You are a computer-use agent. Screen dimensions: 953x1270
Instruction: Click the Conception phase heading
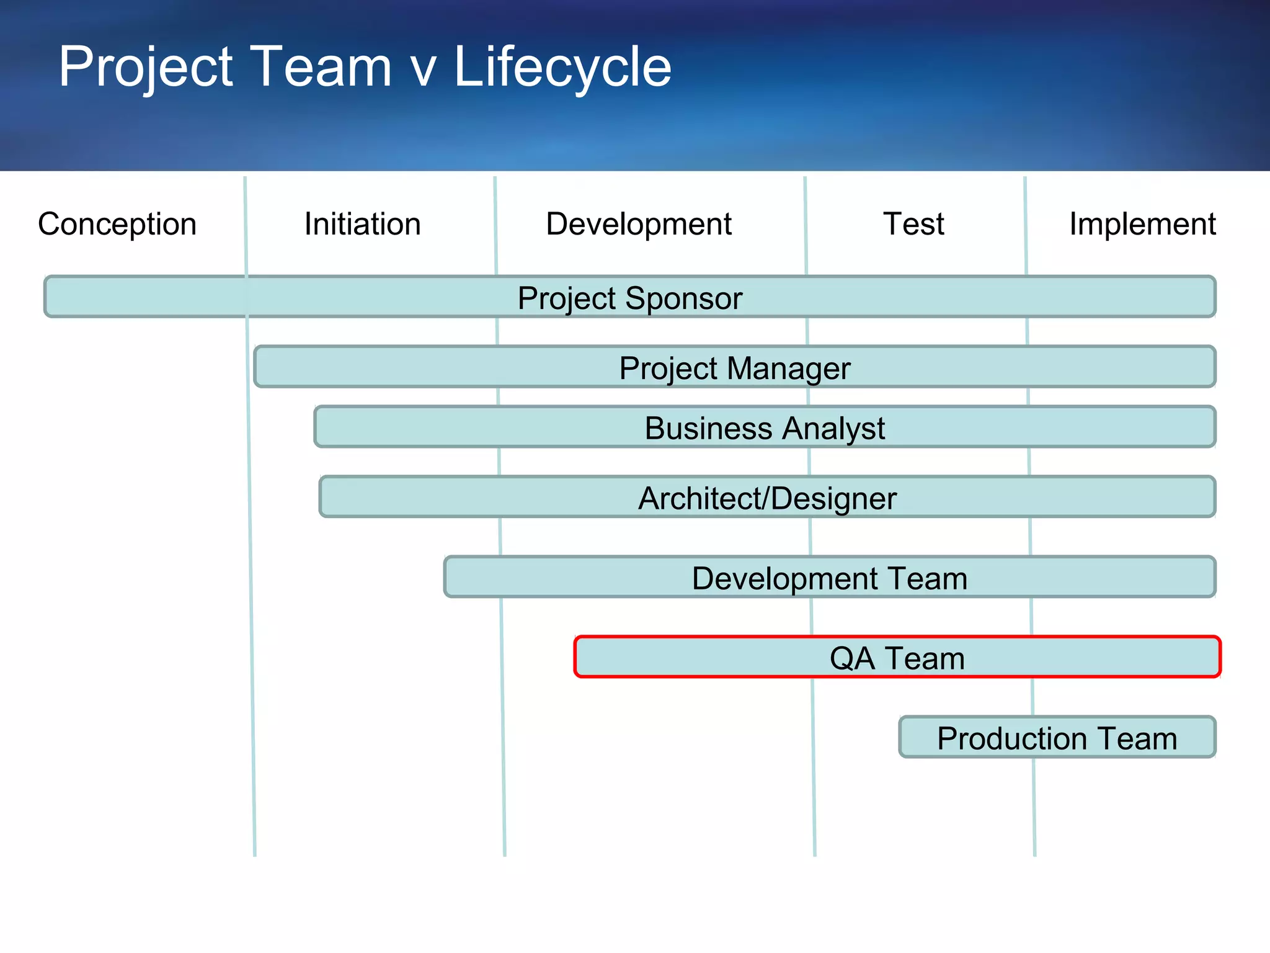point(117,224)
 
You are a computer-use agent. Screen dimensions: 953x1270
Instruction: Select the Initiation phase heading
point(362,224)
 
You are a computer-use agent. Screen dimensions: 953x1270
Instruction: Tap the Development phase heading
point(638,224)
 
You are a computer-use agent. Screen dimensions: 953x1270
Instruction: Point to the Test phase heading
point(913,224)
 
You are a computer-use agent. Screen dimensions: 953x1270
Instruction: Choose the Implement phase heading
point(1142,224)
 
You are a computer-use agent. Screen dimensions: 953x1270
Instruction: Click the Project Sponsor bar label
point(629,298)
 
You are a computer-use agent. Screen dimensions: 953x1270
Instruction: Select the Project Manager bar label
point(734,369)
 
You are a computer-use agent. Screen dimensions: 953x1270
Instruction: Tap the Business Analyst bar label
point(765,428)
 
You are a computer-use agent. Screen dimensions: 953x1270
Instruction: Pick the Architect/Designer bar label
point(767,498)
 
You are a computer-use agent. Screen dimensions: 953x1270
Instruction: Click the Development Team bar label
point(829,578)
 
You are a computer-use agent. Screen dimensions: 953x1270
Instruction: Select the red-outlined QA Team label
point(897,658)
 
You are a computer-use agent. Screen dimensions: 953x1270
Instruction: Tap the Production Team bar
point(1057,738)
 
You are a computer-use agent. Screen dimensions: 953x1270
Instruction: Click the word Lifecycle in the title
point(562,67)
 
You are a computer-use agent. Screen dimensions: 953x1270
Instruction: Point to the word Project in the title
point(145,67)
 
